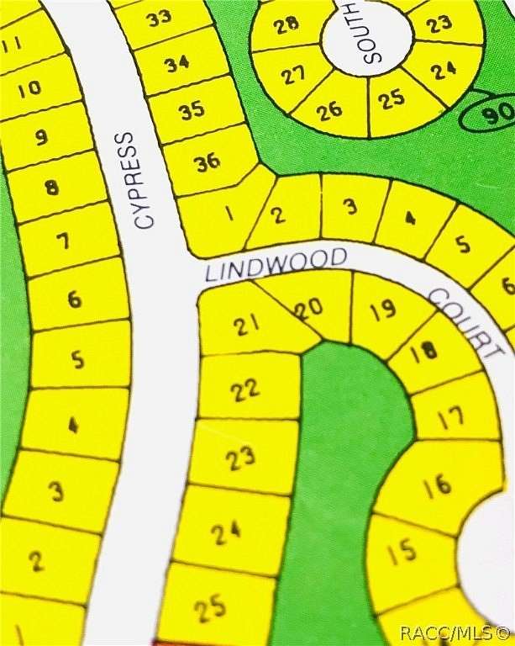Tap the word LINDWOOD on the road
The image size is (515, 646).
coord(276,264)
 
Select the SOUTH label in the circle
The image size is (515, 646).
coord(370,33)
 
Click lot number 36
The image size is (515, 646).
coord(207,161)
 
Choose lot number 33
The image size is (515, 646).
coord(159,18)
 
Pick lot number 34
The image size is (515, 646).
coord(176,63)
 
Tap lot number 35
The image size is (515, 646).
coord(192,109)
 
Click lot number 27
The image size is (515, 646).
coord(292,76)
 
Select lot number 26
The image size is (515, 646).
coord(329,109)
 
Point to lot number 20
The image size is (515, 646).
coord(310,309)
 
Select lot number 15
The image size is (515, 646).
coord(402,552)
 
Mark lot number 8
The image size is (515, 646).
coord(52,187)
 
